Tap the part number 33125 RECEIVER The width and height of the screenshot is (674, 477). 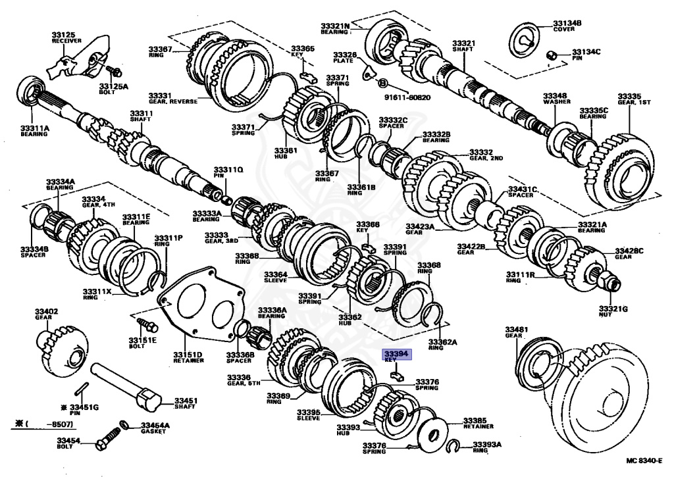[66, 36]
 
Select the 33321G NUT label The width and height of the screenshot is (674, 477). [613, 311]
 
